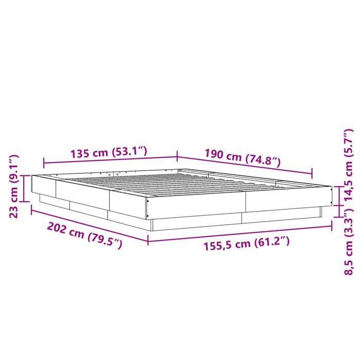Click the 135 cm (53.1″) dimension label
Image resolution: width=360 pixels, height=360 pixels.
click(x=110, y=152)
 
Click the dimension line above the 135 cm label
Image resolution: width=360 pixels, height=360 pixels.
click(x=110, y=160)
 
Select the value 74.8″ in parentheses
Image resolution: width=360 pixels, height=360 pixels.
click(x=262, y=160)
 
